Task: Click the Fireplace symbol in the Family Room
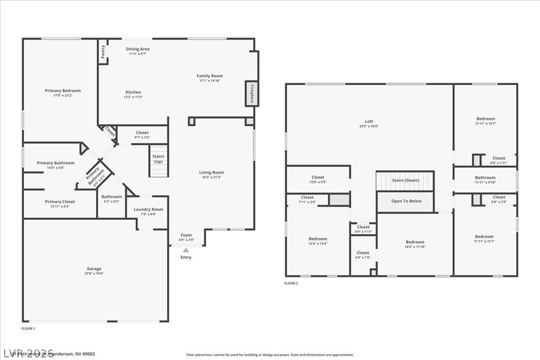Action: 252,93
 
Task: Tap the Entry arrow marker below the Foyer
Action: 186,250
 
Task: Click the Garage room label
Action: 94,269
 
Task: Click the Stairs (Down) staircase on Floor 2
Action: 405,181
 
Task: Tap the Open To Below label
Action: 406,201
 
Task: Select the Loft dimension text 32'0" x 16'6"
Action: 369,127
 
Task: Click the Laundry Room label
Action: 148,209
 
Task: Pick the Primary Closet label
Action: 60,201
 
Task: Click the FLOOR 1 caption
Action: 28,328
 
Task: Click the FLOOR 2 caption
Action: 291,284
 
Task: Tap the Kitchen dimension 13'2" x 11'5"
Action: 132,97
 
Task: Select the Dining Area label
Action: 138,49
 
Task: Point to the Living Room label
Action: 211,172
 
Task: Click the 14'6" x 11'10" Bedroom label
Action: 414,242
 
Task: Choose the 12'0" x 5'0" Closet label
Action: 318,178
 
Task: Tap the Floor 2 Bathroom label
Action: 485,178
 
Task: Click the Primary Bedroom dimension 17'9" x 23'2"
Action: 63,95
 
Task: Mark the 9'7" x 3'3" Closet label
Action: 142,133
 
